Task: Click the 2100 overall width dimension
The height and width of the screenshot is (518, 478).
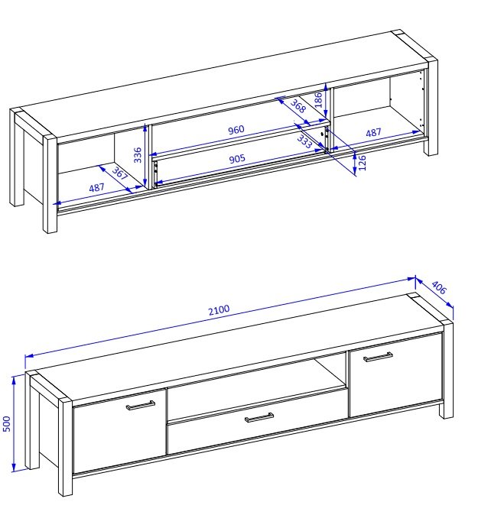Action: [219, 310]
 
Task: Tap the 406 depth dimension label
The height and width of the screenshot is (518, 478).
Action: [439, 287]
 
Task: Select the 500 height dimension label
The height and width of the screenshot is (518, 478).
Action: [7, 423]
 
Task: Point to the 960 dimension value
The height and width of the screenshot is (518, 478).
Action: [236, 130]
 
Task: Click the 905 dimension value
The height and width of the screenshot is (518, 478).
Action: [237, 159]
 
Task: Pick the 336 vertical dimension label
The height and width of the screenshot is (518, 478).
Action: [137, 155]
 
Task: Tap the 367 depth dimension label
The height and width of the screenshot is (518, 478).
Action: [119, 173]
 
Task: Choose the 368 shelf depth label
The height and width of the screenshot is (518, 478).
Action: [298, 106]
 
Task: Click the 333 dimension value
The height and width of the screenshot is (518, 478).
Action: [304, 141]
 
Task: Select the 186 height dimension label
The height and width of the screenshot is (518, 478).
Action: [318, 100]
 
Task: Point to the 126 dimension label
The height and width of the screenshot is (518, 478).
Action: [363, 163]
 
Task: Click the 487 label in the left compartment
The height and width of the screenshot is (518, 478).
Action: [96, 188]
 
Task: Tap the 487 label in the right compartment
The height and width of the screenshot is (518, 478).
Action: [373, 132]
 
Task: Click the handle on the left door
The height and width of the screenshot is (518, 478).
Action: [141, 406]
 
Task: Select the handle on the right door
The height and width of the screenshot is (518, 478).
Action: [378, 357]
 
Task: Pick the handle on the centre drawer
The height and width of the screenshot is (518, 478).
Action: [259, 418]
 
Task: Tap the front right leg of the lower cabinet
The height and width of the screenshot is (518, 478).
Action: [446, 370]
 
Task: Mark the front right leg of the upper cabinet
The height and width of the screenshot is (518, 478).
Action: [431, 107]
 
